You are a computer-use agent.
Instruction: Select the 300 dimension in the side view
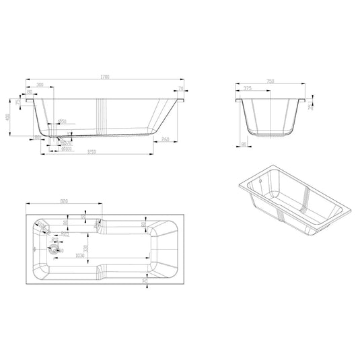[x=42, y=85]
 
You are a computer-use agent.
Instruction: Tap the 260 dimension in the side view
[x=166, y=139]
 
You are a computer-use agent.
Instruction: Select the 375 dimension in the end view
[x=248, y=88]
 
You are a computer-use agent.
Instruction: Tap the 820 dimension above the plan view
[x=64, y=201]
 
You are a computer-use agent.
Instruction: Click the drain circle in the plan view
[x=54, y=248]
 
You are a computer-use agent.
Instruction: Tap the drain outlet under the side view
[x=61, y=143]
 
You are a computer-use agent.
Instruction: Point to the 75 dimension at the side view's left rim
[x=18, y=102]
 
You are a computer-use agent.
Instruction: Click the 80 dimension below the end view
[x=242, y=143]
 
